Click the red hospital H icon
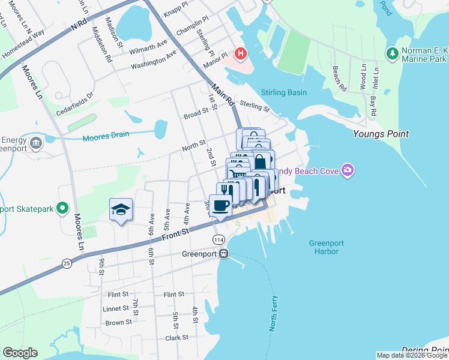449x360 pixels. (241, 54)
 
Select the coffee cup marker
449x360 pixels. (220, 205)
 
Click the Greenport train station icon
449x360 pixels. (223, 254)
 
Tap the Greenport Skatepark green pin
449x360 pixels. (62, 209)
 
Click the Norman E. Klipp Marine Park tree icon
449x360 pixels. (393, 54)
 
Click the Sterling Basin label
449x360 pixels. (283, 92)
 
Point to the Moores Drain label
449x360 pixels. (106, 135)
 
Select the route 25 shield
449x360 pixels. (66, 263)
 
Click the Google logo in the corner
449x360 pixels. (20, 353)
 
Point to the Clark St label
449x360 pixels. (176, 338)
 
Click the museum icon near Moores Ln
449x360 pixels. (35, 143)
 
